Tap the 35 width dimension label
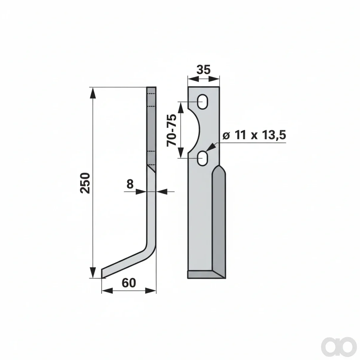pyautogui.click(x=204, y=70)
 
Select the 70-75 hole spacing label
pyautogui.click(x=171, y=130)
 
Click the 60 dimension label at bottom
pyautogui.click(x=129, y=283)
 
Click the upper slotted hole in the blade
pyautogui.click(x=202, y=102)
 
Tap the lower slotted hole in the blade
pyautogui.click(x=202, y=158)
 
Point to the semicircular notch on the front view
pyautogui.click(x=194, y=130)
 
